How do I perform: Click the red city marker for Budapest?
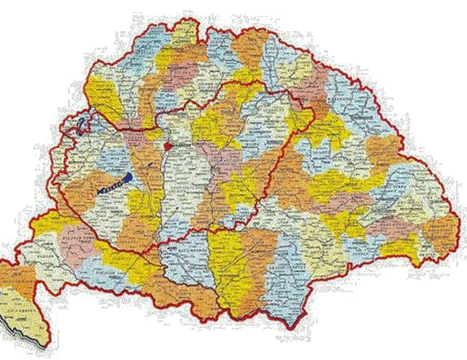[168, 144]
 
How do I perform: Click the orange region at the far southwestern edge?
[16, 277]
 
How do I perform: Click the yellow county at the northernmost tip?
[184, 33]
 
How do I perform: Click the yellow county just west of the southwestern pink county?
[47, 225]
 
